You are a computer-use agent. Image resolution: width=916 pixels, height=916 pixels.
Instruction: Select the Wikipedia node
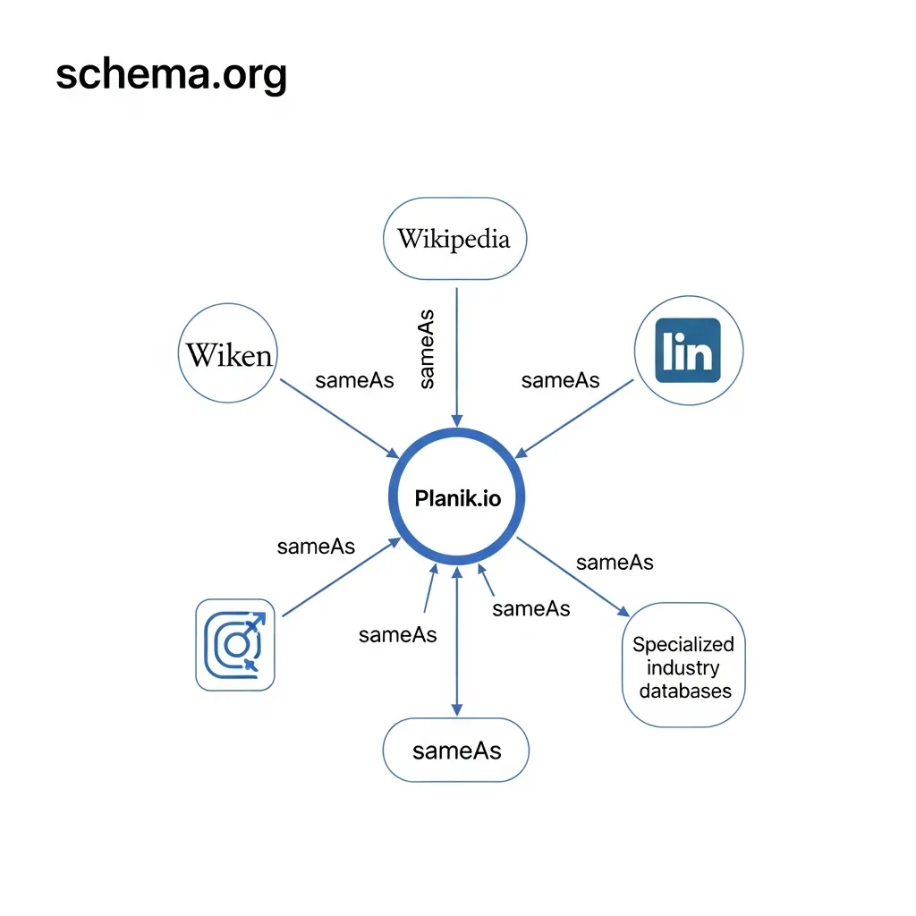(x=454, y=239)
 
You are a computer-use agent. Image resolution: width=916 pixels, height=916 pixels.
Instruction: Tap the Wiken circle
(x=229, y=355)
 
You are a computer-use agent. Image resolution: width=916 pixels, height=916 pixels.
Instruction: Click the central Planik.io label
(x=457, y=498)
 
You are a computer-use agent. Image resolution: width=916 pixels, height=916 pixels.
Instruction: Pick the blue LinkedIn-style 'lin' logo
(x=687, y=351)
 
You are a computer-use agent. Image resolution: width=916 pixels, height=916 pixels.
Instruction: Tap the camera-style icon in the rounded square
(x=235, y=644)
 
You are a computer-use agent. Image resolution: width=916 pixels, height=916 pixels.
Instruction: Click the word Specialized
(x=683, y=644)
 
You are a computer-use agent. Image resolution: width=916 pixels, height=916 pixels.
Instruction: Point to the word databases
(x=684, y=691)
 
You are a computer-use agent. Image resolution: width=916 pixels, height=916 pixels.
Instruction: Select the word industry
(x=683, y=667)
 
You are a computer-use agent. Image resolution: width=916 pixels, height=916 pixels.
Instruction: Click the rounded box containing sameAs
(x=456, y=750)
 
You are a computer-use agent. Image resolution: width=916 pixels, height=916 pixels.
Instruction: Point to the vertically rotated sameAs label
(x=427, y=349)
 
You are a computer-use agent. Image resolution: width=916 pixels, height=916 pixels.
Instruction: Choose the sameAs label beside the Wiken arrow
(x=354, y=380)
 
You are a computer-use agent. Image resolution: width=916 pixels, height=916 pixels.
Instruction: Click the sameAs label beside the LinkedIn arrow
(x=560, y=380)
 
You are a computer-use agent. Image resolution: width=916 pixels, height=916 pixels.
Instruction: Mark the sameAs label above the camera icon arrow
(x=316, y=547)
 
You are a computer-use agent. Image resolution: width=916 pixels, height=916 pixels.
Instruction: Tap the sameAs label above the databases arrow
(x=615, y=562)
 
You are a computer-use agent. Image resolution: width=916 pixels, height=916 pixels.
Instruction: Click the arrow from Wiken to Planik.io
(x=340, y=417)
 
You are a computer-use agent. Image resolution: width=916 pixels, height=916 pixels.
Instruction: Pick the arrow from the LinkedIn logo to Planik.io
(x=577, y=417)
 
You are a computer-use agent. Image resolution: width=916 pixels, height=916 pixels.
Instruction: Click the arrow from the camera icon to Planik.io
(x=340, y=578)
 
